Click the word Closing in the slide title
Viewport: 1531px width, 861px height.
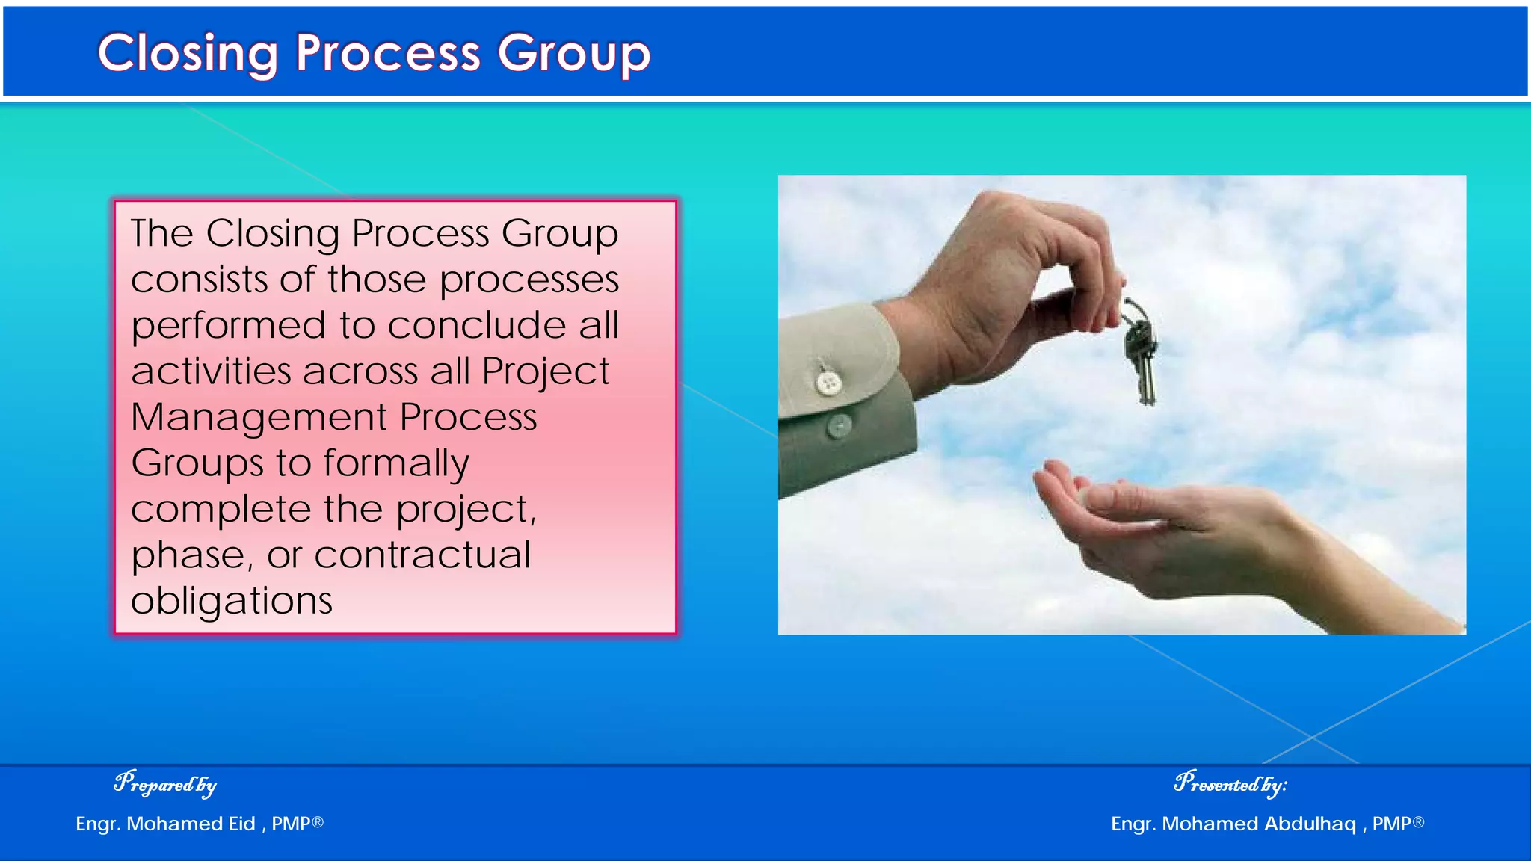188,54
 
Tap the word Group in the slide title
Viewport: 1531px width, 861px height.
574,54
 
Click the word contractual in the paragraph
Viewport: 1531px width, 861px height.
422,555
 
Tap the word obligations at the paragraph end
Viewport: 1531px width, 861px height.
232,601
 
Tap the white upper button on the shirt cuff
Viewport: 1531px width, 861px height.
828,383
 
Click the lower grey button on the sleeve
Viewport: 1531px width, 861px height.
840,426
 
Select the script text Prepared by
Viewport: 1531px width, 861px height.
165,783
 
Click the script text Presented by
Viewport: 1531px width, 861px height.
1230,783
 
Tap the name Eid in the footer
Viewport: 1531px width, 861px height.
241,824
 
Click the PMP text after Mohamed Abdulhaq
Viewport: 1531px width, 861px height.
1391,824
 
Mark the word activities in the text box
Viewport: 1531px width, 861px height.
212,371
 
